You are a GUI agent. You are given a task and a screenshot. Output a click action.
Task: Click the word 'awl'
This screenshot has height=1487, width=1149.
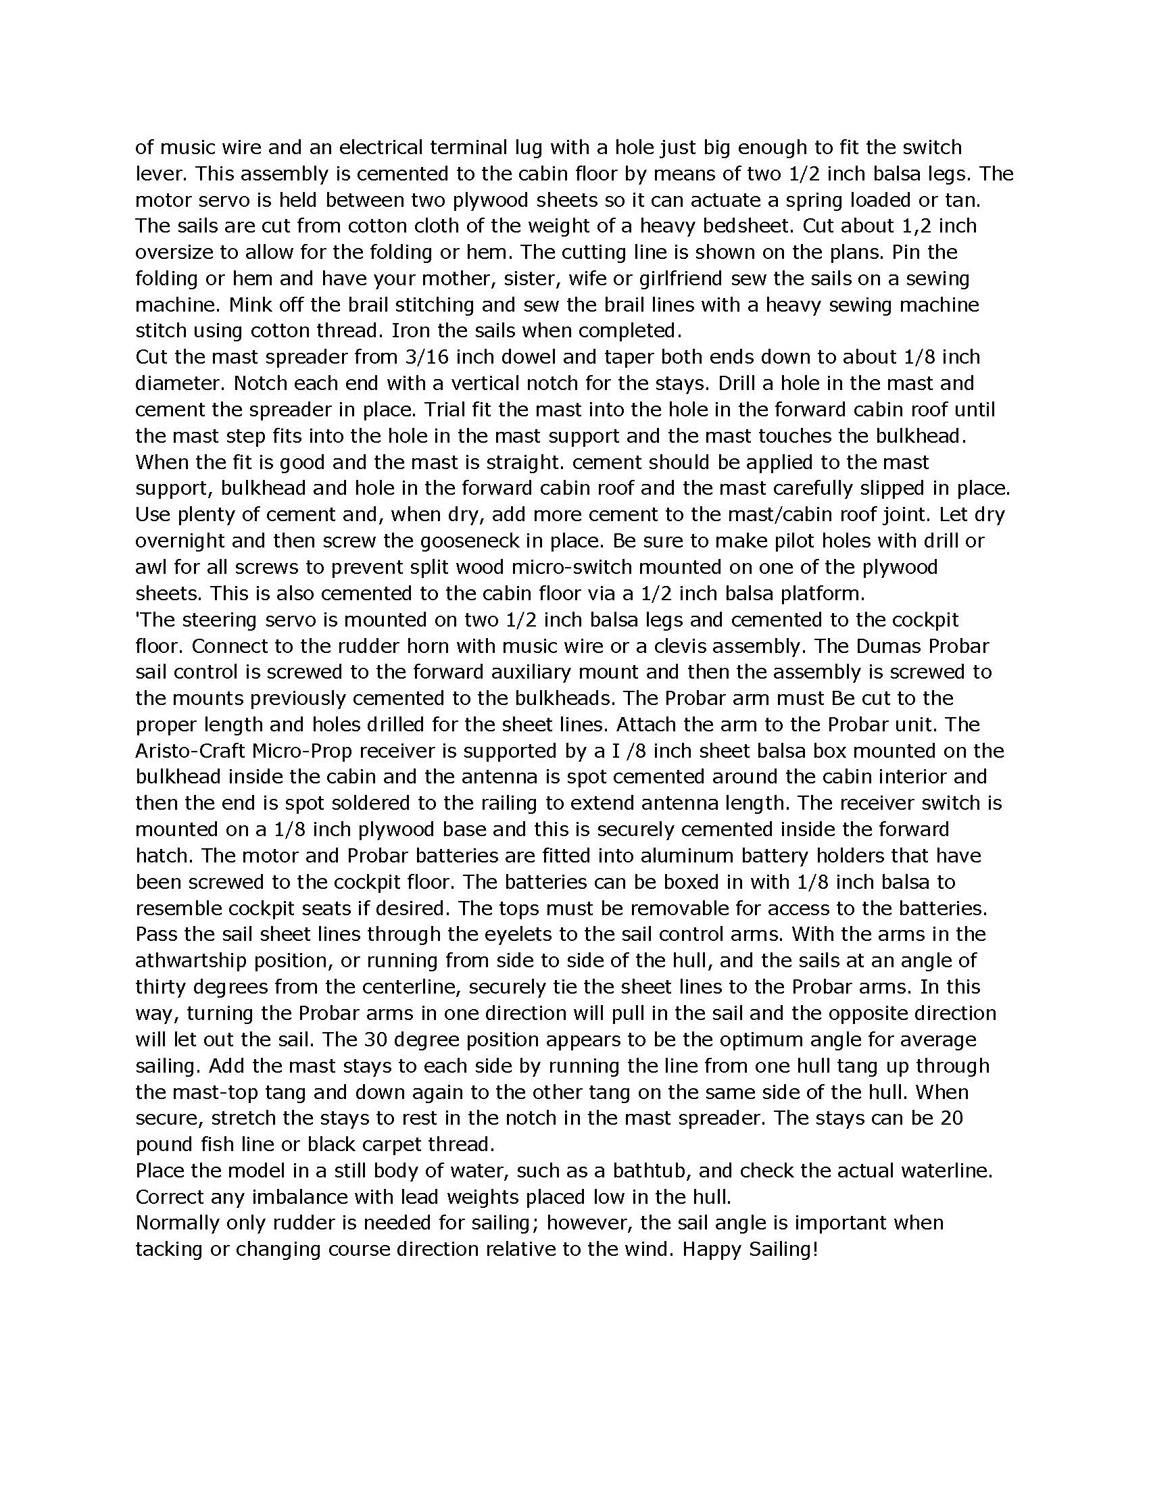(150, 567)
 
